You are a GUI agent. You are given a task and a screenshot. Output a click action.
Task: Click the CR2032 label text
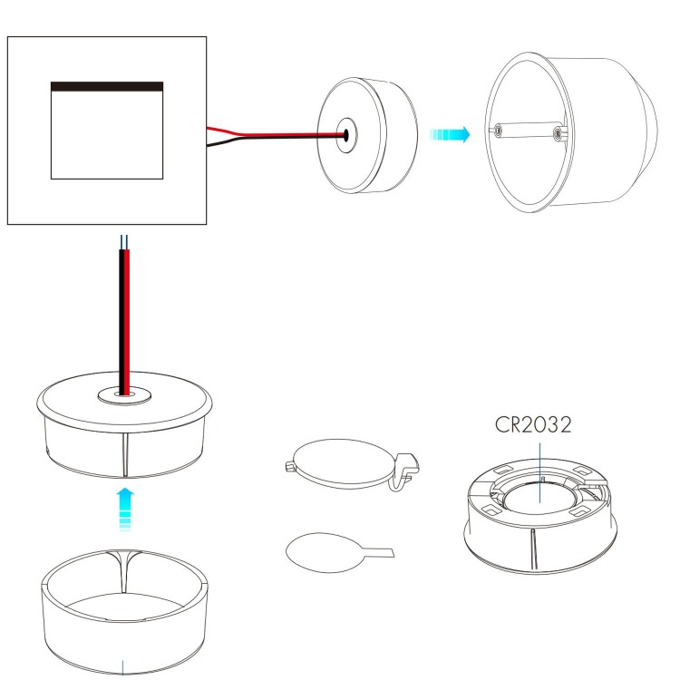point(533,425)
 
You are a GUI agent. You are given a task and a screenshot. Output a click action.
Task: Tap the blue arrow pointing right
point(450,134)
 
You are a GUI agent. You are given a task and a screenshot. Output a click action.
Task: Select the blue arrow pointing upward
point(125,510)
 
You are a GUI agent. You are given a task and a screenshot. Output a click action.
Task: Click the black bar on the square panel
point(107,86)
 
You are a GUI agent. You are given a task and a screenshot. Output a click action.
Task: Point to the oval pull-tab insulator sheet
point(325,552)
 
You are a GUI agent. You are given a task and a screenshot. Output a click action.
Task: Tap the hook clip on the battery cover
point(404,471)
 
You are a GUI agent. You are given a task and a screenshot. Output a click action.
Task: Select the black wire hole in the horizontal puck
point(346,135)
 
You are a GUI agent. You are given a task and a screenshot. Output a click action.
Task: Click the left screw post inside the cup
point(498,130)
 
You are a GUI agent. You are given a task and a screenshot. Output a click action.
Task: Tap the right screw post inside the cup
point(559,133)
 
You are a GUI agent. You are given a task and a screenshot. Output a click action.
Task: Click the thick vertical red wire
point(127,322)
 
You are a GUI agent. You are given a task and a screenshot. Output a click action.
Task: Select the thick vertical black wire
point(121,322)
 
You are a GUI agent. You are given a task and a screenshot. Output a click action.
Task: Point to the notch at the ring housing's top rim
point(125,569)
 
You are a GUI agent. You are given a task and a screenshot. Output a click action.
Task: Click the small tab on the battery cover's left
point(290,466)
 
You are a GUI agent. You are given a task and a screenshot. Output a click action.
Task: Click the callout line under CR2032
point(540,472)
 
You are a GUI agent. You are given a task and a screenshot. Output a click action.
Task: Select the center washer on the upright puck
point(124,395)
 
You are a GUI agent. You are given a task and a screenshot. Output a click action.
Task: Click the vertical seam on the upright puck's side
point(125,454)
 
